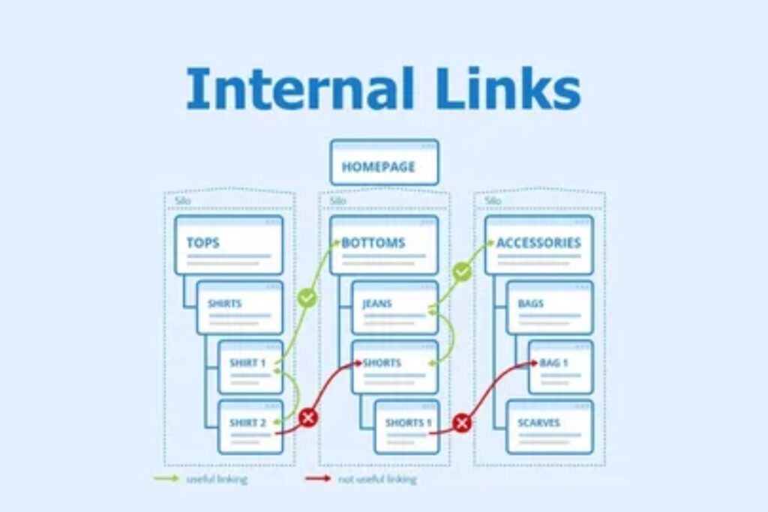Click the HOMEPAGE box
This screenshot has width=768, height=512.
[x=383, y=163]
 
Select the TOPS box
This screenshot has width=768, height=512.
[x=229, y=245]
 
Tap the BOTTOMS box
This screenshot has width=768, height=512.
[x=384, y=245]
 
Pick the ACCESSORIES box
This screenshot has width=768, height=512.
[x=538, y=245]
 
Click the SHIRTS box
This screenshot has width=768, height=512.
[x=239, y=307]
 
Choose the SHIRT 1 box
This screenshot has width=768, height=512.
[x=250, y=367]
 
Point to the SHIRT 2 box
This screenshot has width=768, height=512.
[x=250, y=427]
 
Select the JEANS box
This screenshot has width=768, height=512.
[x=394, y=307]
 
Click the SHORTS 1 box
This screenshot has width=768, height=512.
[x=406, y=427]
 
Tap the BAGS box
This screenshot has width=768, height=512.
[x=550, y=307]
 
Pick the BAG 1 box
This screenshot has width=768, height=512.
[x=560, y=367]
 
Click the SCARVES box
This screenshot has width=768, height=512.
[x=550, y=427]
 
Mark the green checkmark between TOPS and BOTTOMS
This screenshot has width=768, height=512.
[x=307, y=298]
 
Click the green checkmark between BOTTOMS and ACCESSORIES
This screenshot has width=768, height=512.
[x=462, y=271]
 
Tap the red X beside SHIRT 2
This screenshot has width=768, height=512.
[x=307, y=418]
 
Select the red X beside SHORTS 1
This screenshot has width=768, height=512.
[x=462, y=424]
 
